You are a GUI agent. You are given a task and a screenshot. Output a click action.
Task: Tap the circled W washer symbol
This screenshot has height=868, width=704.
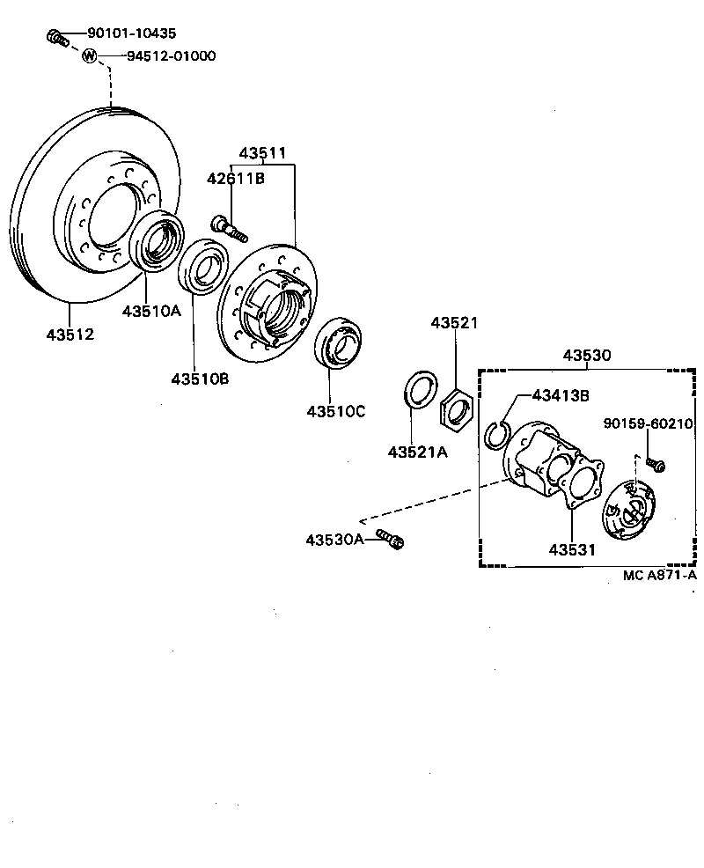pyautogui.click(x=89, y=56)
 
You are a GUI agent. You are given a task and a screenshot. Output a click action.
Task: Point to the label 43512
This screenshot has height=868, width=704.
pyautogui.click(x=70, y=335)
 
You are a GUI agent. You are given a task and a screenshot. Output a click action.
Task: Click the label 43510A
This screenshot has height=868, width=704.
pyautogui.click(x=150, y=311)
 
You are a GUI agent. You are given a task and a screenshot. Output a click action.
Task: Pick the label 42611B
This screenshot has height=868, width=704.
pyautogui.click(x=236, y=179)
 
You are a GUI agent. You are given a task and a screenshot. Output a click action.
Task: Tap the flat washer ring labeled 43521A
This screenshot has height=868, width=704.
pyautogui.click(x=418, y=390)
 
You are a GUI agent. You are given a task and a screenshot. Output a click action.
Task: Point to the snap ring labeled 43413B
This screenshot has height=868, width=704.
pyautogui.click(x=497, y=434)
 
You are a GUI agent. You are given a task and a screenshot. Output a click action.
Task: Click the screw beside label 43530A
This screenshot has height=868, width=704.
pyautogui.click(x=389, y=539)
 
